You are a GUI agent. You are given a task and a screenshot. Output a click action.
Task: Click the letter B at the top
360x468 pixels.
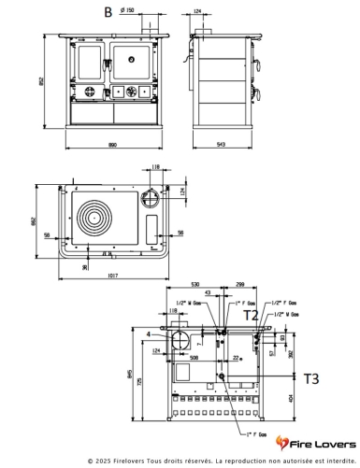point(108,12)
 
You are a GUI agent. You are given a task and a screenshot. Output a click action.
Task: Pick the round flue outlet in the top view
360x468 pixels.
point(149,199)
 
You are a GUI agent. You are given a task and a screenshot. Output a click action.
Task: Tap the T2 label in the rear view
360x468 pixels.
point(252,317)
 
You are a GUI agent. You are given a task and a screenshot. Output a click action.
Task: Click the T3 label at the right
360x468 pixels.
point(310,378)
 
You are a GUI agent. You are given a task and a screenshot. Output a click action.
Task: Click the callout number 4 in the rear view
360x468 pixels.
point(149,333)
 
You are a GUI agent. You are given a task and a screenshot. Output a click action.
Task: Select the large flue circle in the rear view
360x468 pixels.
point(180,337)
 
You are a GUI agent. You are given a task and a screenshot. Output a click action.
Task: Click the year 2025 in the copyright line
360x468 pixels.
point(102,461)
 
